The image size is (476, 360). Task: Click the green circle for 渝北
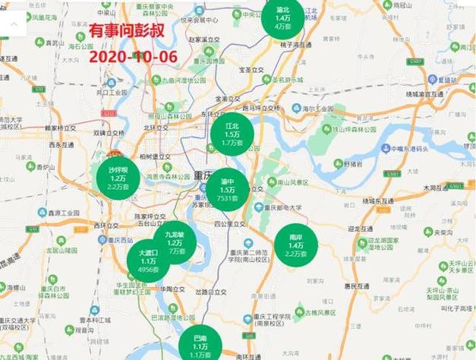coord(283,17)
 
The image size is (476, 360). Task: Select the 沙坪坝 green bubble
coord(118,178)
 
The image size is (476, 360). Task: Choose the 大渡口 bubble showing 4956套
coord(149,260)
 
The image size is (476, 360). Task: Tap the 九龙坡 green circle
coord(175,242)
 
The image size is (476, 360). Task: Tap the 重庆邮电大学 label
coord(283,207)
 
